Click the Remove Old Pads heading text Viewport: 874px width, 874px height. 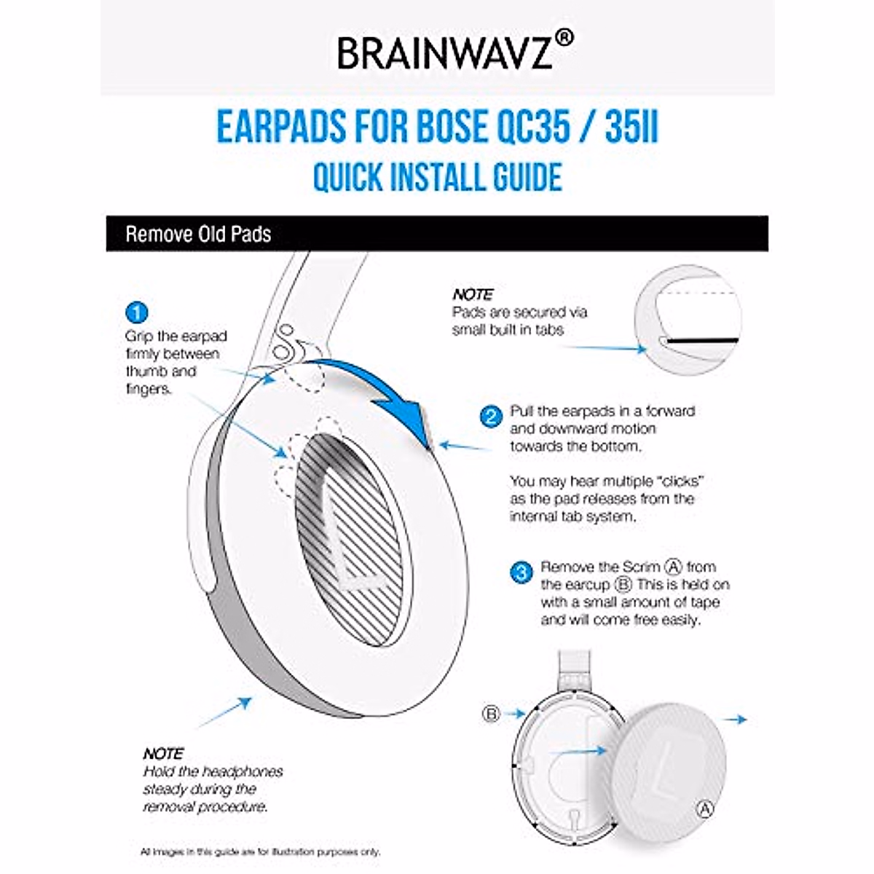[198, 235]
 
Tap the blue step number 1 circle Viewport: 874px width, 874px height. [136, 313]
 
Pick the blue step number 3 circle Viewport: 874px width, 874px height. [521, 572]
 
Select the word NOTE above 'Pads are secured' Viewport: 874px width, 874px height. [473, 295]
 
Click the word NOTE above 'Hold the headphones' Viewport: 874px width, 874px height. [163, 754]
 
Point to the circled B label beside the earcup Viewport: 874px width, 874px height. [491, 714]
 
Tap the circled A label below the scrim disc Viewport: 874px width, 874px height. [704, 808]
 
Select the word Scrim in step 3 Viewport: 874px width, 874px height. [641, 567]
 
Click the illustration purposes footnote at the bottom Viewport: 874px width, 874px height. [260, 851]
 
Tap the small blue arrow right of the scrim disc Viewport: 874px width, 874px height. [737, 720]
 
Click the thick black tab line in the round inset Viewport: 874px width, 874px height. [703, 340]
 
